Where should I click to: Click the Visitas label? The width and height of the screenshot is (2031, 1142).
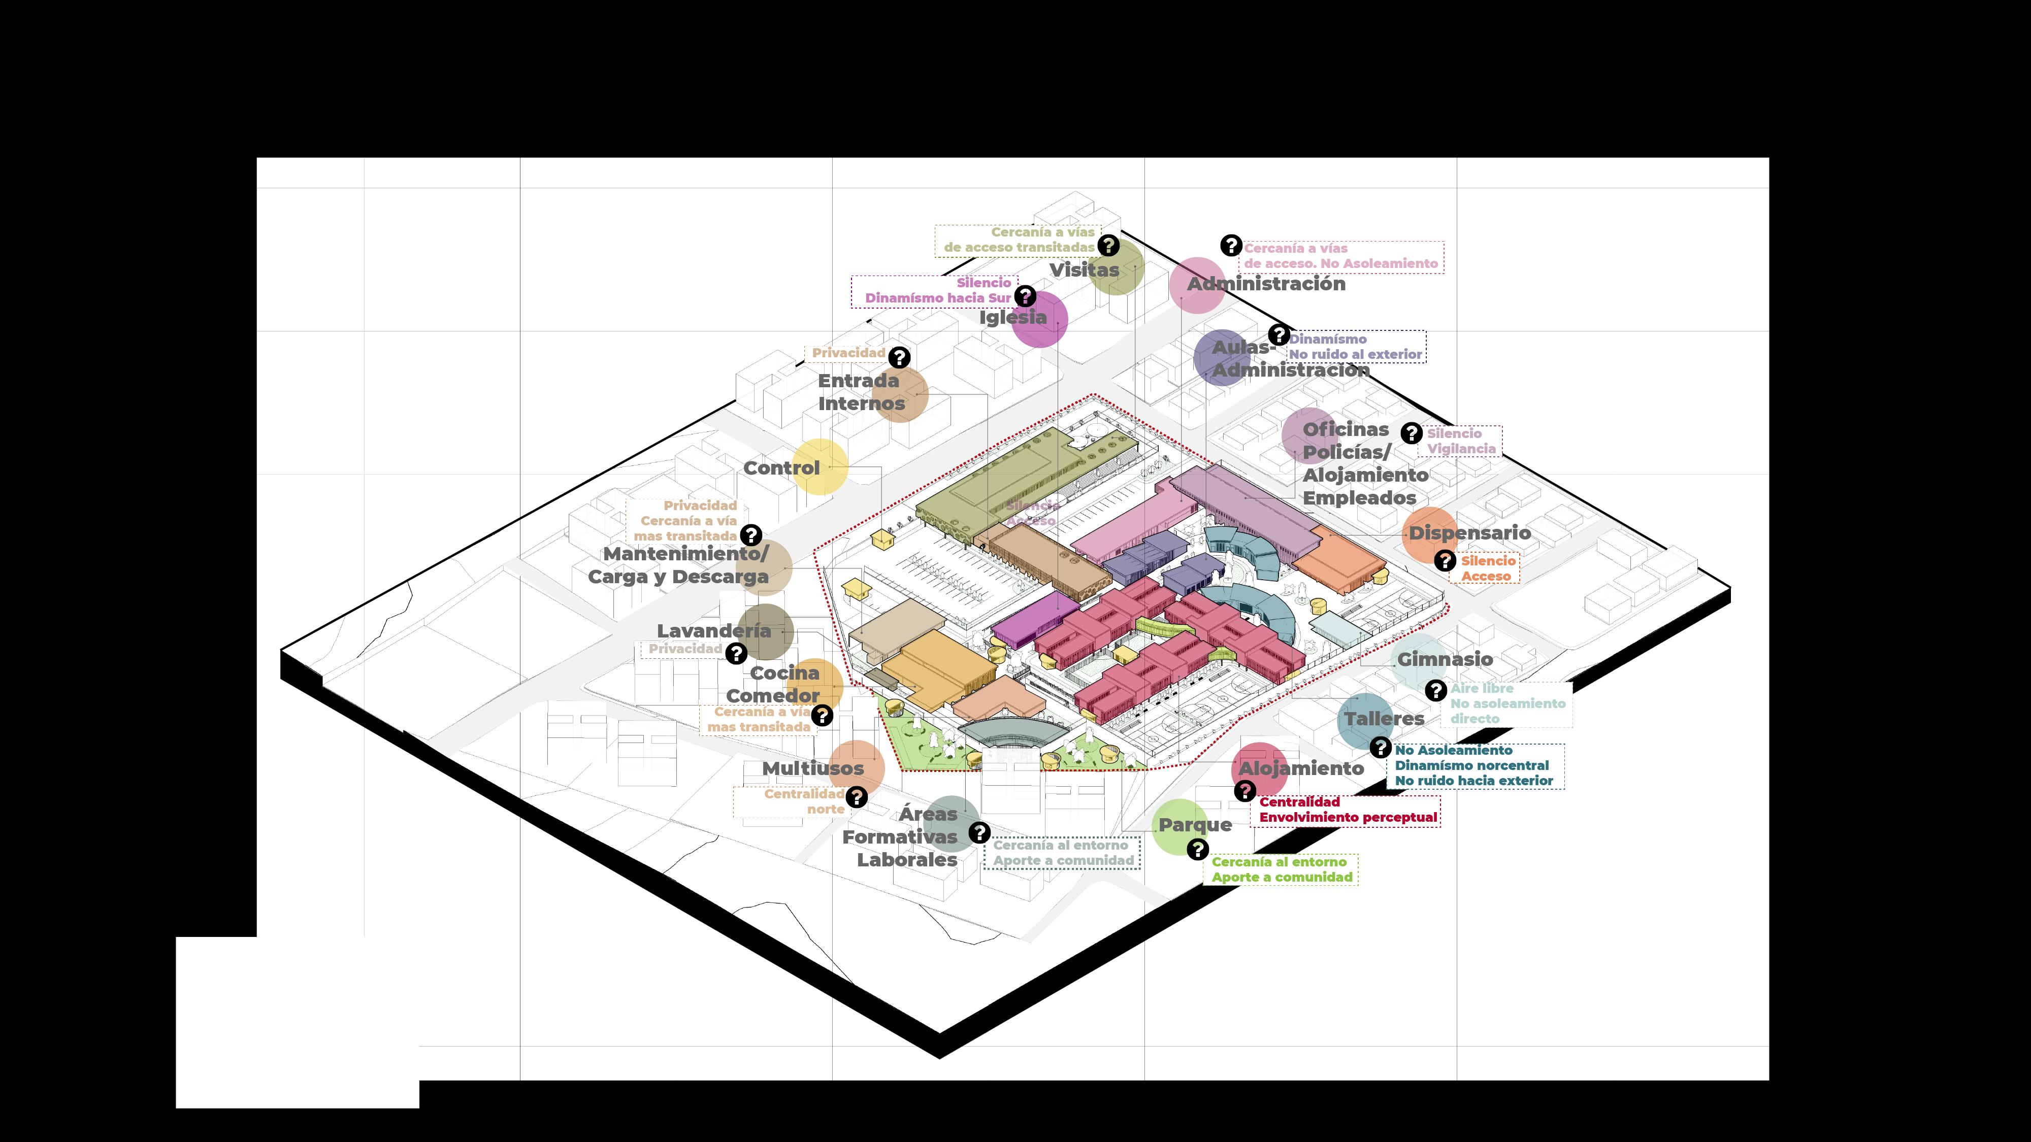[x=1084, y=270]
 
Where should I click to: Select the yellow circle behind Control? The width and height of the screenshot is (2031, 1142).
[x=820, y=466]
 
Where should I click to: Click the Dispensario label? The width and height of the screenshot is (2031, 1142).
[x=1469, y=533]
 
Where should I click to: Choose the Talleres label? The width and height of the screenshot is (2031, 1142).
[x=1385, y=718]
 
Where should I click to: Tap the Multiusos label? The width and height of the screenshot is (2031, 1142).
[x=813, y=768]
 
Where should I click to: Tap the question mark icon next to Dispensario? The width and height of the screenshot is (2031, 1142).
[x=1445, y=560]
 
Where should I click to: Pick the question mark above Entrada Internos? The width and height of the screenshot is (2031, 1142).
[x=899, y=357]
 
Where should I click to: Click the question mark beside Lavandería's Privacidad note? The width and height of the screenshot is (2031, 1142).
[x=736, y=653]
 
